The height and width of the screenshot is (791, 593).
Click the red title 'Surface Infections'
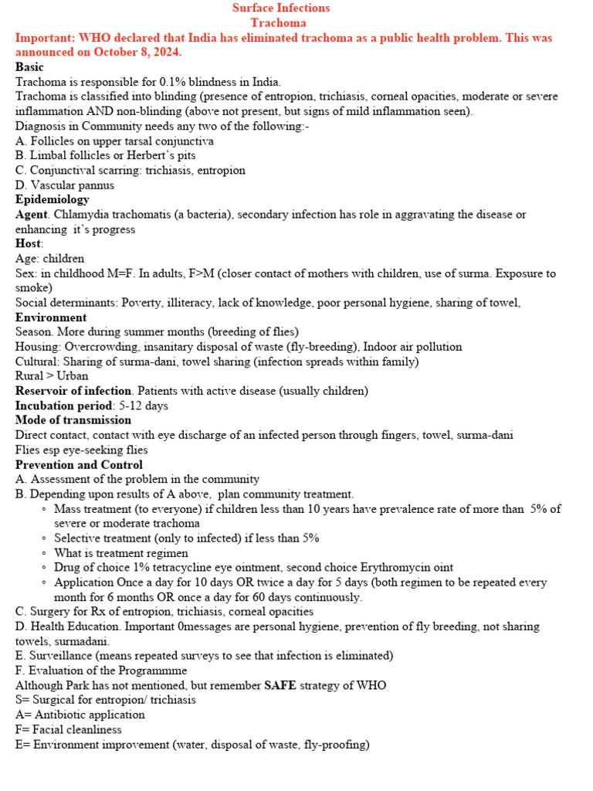[x=281, y=8]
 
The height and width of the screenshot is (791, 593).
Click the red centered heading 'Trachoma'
[x=281, y=22]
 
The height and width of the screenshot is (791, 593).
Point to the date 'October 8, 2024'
[x=141, y=52]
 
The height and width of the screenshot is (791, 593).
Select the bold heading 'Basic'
[x=29, y=66]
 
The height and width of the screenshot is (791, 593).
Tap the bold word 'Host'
[x=29, y=243]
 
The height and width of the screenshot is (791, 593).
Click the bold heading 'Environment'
[x=51, y=317]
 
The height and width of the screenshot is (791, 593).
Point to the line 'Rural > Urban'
[x=52, y=376]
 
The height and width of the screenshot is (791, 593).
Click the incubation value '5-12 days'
[x=144, y=406]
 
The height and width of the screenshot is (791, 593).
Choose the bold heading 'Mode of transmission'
[x=73, y=420]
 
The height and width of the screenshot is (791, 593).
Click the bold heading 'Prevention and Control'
[x=79, y=465]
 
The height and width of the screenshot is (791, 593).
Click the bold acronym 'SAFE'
[x=280, y=685]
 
